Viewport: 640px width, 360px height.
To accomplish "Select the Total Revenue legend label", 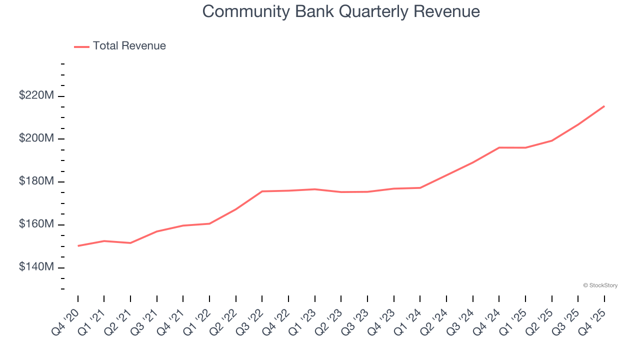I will [x=129, y=46].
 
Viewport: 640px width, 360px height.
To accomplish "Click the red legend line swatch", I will [x=81, y=46].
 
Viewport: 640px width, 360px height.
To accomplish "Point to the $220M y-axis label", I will [x=36, y=95].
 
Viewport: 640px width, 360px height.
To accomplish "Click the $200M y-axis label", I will [x=36, y=138].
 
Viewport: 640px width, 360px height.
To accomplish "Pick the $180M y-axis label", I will [x=36, y=181].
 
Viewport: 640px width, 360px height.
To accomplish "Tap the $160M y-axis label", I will [x=36, y=224].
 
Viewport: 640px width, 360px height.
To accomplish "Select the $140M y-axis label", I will [x=36, y=267].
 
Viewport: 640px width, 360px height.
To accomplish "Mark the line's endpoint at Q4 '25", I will [x=604, y=106].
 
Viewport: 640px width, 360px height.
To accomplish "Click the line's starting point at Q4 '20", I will [x=78, y=246].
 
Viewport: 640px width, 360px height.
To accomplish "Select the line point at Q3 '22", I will [x=262, y=191].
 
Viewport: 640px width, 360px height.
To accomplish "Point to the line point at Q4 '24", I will [x=499, y=147].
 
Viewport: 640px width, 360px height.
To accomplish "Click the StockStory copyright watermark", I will [x=600, y=285].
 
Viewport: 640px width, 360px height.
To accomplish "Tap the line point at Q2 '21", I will [x=130, y=243].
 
